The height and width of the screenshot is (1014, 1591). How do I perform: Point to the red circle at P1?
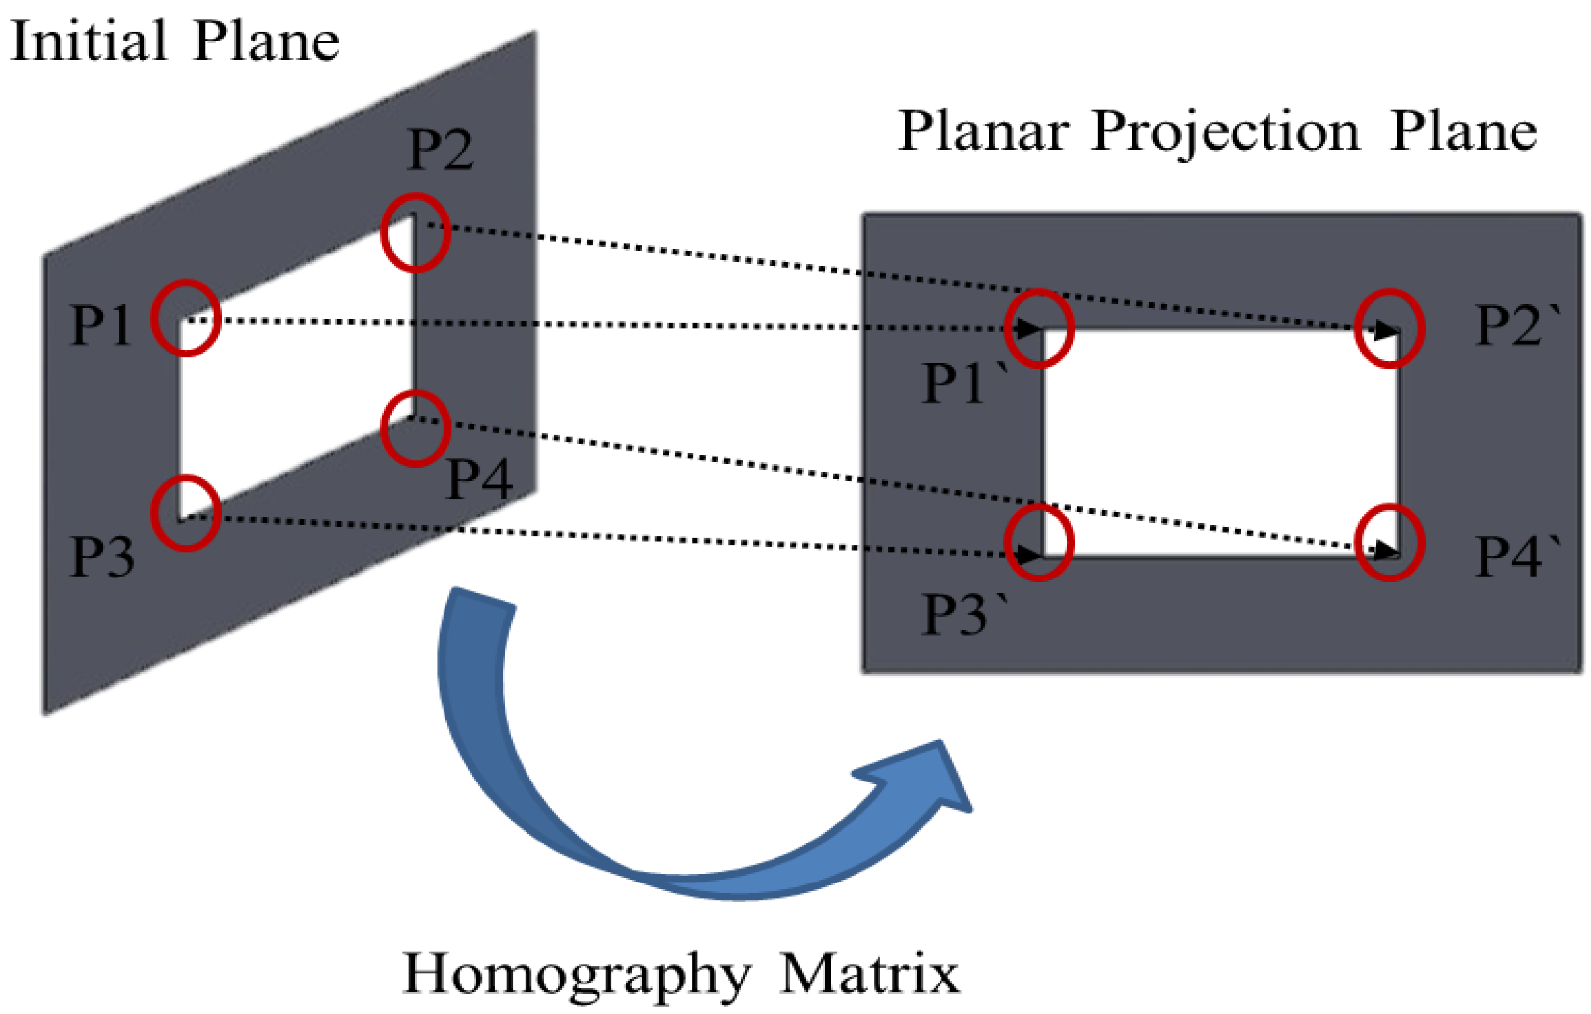point(186,318)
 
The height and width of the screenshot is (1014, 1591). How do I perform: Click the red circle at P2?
point(415,233)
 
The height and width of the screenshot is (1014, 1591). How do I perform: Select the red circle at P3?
point(186,513)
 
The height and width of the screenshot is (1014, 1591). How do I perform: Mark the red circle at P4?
point(415,429)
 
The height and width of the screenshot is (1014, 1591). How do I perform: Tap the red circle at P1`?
point(1039,329)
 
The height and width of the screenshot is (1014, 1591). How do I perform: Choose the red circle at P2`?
point(1389,329)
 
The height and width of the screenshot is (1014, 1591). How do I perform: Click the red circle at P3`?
point(1039,543)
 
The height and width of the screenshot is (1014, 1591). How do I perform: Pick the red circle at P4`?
point(1389,543)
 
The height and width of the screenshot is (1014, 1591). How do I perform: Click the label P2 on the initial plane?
point(440,150)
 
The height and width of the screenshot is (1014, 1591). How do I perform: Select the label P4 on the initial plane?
point(480,479)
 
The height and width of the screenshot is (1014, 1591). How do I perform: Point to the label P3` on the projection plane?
point(963,615)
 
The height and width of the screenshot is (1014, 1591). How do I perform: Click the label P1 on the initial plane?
point(100,325)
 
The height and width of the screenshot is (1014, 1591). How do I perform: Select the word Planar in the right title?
point(983,131)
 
